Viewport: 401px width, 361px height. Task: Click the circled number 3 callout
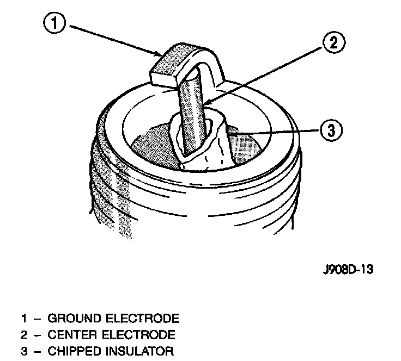tap(331, 130)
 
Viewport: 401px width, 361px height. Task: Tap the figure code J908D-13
tap(347, 270)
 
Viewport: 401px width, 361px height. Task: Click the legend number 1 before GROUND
tap(24, 318)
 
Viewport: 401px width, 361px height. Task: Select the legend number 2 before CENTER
tap(24, 334)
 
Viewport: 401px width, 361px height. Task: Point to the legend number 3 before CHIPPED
tap(24, 351)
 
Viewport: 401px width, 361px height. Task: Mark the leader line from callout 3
tap(272, 130)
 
